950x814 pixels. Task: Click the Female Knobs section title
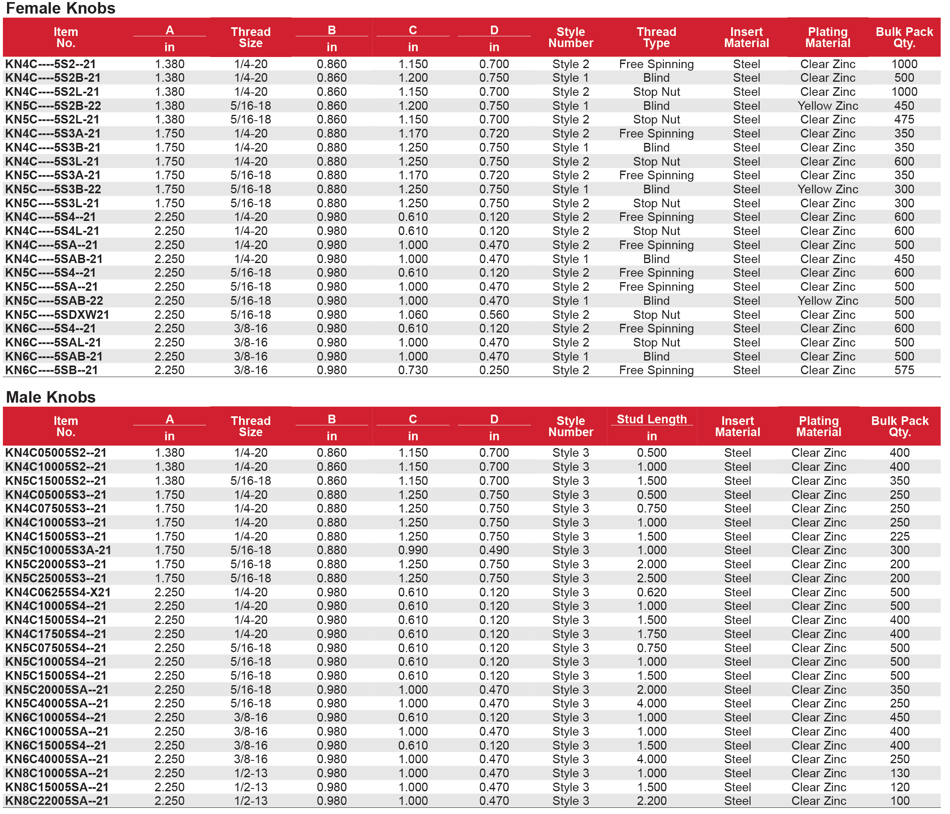(x=61, y=8)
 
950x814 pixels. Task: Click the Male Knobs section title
(x=50, y=397)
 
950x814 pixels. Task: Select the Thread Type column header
(x=656, y=38)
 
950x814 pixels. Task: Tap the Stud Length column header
(x=651, y=419)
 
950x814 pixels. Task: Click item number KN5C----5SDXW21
(x=57, y=315)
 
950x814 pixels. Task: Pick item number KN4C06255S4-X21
(x=58, y=592)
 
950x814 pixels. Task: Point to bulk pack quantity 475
(x=904, y=120)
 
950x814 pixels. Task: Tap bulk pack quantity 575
(x=904, y=370)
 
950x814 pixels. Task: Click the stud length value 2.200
(x=651, y=801)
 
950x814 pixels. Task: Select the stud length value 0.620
(x=651, y=592)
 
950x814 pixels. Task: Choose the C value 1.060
(x=412, y=315)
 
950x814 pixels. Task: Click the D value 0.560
(x=494, y=315)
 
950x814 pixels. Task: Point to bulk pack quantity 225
(x=900, y=536)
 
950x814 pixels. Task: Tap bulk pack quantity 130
(x=900, y=773)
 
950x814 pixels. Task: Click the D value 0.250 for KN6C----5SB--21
(x=494, y=370)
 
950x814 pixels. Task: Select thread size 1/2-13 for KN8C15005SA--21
(x=250, y=787)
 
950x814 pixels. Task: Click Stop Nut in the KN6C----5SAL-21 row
(x=656, y=342)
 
